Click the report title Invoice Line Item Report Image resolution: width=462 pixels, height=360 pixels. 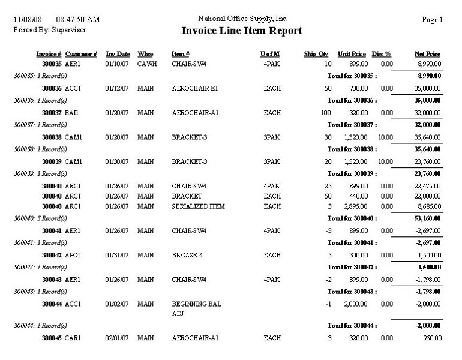coord(242,31)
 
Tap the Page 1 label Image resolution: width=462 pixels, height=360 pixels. coord(432,20)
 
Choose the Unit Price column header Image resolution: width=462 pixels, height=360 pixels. coord(352,54)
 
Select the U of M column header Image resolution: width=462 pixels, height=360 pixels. coord(270,54)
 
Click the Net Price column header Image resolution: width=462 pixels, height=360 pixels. coord(427,54)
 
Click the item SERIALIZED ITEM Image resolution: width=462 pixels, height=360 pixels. coord(197,205)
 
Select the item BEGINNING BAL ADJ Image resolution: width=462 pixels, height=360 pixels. coord(196,308)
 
